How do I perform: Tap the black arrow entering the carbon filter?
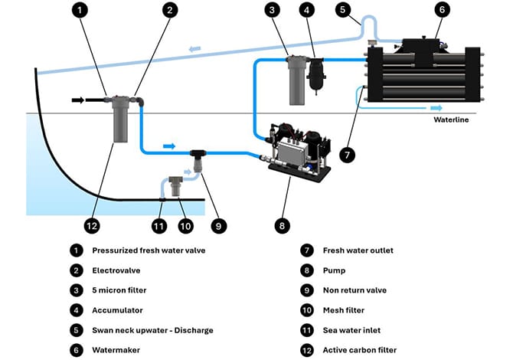tap(80, 99)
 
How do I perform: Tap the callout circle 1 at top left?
tap(82, 11)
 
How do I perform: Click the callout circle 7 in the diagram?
tap(347, 155)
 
